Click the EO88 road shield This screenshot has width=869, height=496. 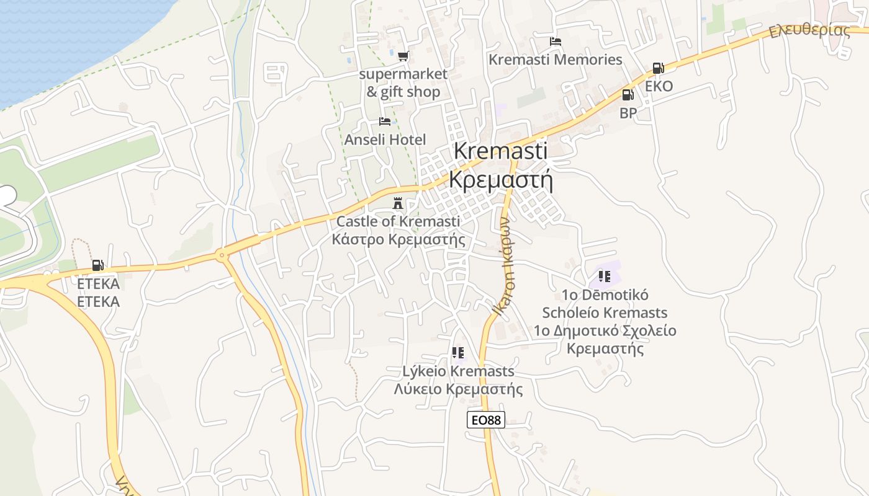tap(485, 420)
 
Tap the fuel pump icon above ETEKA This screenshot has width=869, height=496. tap(98, 266)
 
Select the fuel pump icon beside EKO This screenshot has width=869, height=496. tap(658, 68)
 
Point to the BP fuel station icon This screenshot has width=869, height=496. tap(628, 95)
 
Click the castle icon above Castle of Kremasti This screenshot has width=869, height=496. tap(398, 203)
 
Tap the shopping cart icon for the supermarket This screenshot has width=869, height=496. tap(403, 56)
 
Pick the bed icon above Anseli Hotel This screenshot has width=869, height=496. tap(385, 122)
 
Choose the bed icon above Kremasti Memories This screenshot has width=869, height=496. tap(556, 42)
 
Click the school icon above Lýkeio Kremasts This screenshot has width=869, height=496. tap(458, 353)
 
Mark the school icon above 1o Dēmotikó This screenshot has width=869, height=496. tap(604, 277)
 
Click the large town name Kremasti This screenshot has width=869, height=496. tap(500, 151)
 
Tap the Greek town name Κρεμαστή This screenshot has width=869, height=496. tap(500, 180)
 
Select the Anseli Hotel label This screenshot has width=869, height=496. tap(385, 139)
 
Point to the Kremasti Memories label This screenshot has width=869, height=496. tap(555, 60)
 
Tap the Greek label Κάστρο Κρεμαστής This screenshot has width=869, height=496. tap(398, 239)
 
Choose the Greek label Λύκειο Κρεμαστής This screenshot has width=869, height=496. tap(458, 389)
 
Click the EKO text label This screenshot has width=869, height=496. tap(659, 86)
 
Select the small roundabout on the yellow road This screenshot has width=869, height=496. tap(222, 255)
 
